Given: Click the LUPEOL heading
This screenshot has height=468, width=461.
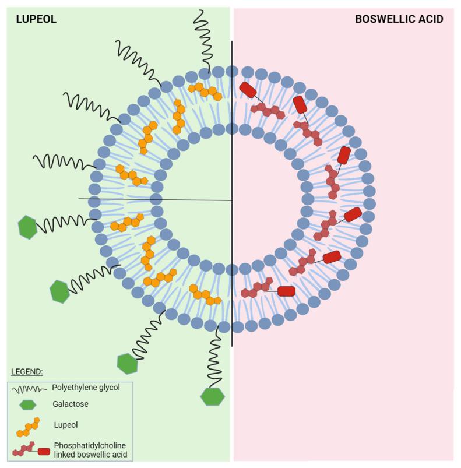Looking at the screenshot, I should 35,19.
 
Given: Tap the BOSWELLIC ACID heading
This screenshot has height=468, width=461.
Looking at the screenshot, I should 399,19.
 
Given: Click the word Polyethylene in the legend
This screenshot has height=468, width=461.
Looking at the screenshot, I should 75,387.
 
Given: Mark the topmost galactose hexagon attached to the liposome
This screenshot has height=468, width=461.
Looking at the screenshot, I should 27,227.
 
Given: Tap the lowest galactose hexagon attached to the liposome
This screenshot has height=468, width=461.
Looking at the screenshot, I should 212,396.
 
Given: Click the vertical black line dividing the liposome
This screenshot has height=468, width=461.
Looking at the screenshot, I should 232,192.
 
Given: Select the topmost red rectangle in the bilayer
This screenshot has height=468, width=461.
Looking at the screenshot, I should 247,90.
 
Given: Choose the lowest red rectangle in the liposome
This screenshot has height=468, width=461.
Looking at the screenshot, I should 286,291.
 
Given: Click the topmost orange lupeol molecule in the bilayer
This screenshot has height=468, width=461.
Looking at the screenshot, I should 205,90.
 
